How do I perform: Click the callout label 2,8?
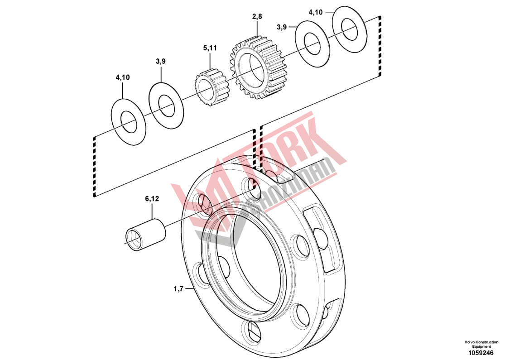[257, 16]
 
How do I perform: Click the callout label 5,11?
[210, 48]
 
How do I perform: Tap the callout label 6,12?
[152, 199]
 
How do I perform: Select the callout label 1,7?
[178, 289]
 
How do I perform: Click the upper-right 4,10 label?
[316, 12]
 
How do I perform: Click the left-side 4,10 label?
[123, 77]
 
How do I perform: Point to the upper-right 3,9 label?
[282, 27]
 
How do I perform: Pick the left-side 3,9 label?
[161, 61]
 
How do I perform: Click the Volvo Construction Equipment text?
[481, 344]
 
